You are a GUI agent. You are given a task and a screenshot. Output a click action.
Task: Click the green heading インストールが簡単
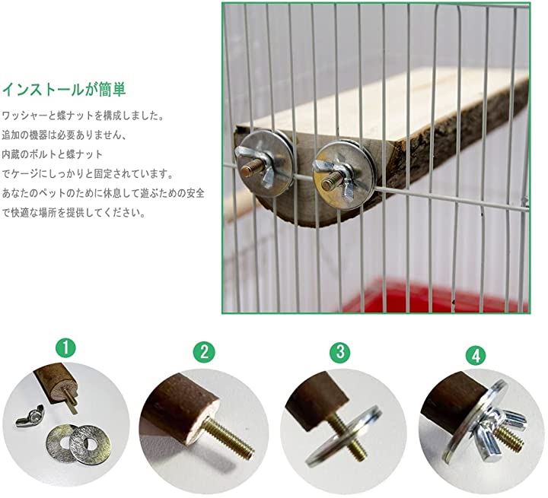pyautogui.click(x=64, y=90)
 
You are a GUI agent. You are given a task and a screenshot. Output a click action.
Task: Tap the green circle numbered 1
pyautogui.click(x=65, y=347)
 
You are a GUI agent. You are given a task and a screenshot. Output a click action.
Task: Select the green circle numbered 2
pyautogui.click(x=204, y=352)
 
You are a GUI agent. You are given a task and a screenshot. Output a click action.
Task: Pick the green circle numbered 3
pyautogui.click(x=340, y=353)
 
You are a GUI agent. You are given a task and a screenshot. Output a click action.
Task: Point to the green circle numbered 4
pyautogui.click(x=476, y=357)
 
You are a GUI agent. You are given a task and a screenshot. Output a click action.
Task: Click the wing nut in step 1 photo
pyautogui.click(x=30, y=415)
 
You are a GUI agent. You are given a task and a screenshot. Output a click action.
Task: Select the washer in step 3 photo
pyautogui.click(x=344, y=435)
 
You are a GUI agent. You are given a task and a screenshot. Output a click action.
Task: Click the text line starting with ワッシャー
pyautogui.click(x=83, y=116)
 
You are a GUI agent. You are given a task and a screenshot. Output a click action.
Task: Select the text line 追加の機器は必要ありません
pyautogui.click(x=64, y=135)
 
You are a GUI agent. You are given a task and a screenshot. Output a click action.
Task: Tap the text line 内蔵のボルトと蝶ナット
pyautogui.click(x=53, y=154)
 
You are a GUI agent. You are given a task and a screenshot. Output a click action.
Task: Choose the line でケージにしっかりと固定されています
pyautogui.click(x=88, y=173)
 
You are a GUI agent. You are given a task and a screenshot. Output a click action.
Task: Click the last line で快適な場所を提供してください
pyautogui.click(x=74, y=212)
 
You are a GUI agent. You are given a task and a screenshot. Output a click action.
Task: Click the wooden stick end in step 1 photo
pyautogui.click(x=63, y=390)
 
